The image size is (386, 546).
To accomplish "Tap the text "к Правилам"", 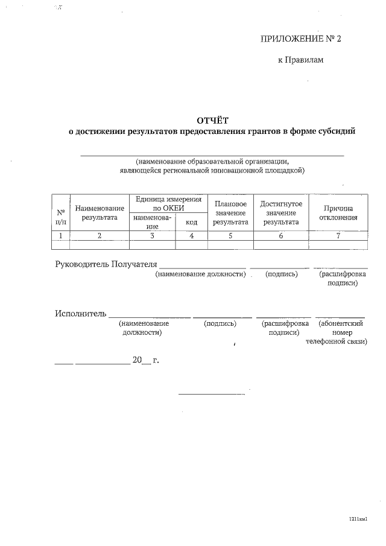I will point(300,60).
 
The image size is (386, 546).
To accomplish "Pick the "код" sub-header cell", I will point(191,223).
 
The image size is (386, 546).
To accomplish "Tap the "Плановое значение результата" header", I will point(230,213).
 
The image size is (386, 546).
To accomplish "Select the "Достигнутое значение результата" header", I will point(280,213).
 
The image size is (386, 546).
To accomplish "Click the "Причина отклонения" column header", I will point(338,213).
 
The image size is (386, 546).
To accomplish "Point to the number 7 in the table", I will point(338,236).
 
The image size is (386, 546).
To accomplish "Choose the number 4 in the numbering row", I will point(191,236).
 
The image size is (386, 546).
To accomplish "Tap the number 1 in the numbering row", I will point(61,236).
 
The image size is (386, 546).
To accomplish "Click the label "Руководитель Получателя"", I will point(106,264).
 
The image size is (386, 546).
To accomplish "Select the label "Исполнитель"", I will point(81,313).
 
